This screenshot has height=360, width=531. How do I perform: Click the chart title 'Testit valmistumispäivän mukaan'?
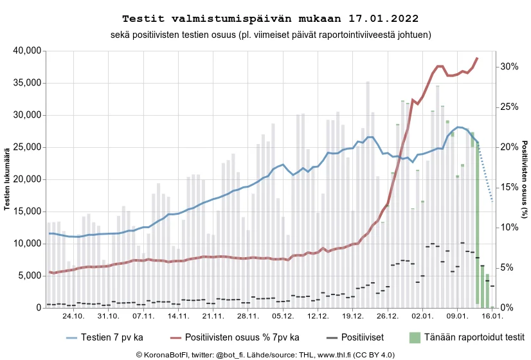pyautogui.click(x=265, y=18)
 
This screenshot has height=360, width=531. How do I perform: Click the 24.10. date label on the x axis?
pyautogui.click(x=74, y=316)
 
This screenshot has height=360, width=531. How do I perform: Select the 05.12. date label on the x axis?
pyautogui.click(x=283, y=316)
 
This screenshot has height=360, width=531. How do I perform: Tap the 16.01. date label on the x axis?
pyautogui.click(x=492, y=316)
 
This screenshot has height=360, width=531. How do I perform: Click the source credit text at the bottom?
pyautogui.click(x=265, y=354)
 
